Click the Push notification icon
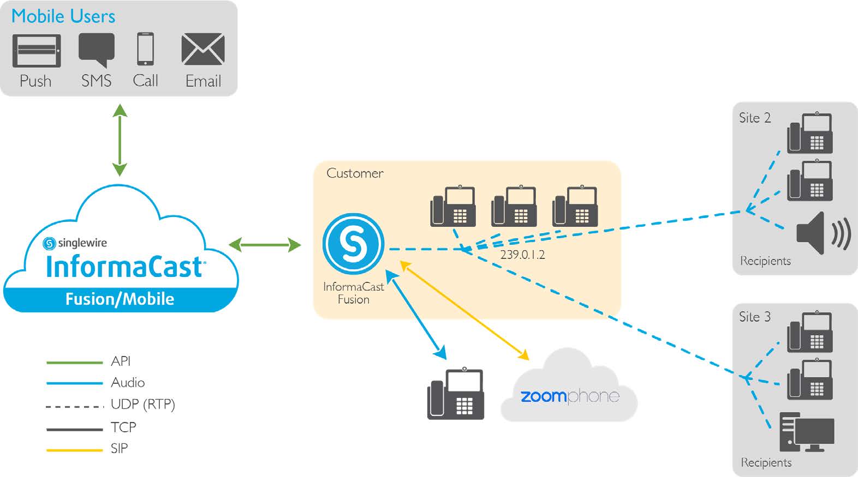tap(37, 51)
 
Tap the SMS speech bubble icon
tap(97, 49)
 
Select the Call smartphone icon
tap(145, 49)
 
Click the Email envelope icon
tap(203, 50)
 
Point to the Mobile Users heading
tap(63, 16)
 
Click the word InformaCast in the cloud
tap(125, 267)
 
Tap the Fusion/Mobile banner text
tap(120, 299)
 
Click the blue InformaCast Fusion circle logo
tap(353, 244)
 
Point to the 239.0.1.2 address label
tap(522, 255)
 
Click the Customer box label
tap(355, 173)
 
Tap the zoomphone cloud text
tap(569, 396)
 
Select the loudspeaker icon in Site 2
tap(822, 233)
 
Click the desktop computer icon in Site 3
tap(806, 432)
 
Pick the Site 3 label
tap(754, 317)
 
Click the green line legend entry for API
tap(75, 362)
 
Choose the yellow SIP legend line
tap(75, 450)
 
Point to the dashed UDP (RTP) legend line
tap(75, 406)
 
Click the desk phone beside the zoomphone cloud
tap(455, 394)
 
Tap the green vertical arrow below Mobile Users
tap(120, 140)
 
